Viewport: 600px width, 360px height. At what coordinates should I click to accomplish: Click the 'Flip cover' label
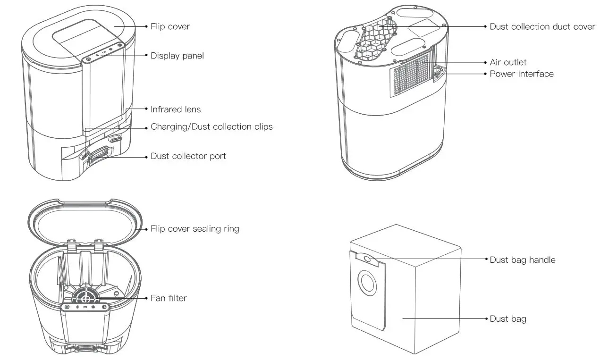tap(170, 26)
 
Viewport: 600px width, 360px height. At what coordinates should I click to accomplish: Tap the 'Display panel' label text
tap(177, 56)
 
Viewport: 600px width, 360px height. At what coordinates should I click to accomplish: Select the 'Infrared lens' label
tap(176, 109)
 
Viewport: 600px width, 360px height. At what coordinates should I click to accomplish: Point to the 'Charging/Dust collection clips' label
tap(211, 127)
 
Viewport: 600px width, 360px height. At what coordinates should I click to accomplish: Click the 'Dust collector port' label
tap(188, 156)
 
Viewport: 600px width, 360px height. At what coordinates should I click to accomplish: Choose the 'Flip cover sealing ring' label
tap(194, 229)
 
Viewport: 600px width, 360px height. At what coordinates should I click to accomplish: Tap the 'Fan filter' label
tap(169, 298)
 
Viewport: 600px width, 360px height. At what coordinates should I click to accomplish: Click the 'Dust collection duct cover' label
tap(542, 27)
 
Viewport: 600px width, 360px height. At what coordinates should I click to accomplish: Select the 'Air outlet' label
tap(508, 62)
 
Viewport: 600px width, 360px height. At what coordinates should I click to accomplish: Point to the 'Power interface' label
tap(521, 74)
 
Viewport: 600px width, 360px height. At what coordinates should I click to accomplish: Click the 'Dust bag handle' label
tap(522, 260)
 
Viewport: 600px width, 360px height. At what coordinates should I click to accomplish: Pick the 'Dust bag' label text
tap(507, 319)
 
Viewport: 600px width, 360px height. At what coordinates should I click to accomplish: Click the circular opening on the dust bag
tap(366, 283)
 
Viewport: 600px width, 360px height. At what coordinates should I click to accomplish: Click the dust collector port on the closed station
tap(100, 155)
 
